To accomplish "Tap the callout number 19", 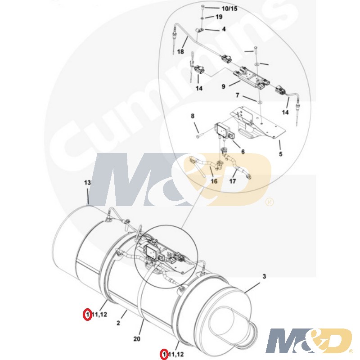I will (219, 17).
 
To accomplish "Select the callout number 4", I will (224, 29).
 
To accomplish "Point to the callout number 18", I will (180, 52).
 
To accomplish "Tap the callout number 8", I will (193, 117).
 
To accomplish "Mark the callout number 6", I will (243, 152).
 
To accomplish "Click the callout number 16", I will (214, 181).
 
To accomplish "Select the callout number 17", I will (233, 181).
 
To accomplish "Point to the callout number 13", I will (88, 183).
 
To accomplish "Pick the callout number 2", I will (118, 323).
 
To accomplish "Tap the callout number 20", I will (138, 338).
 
